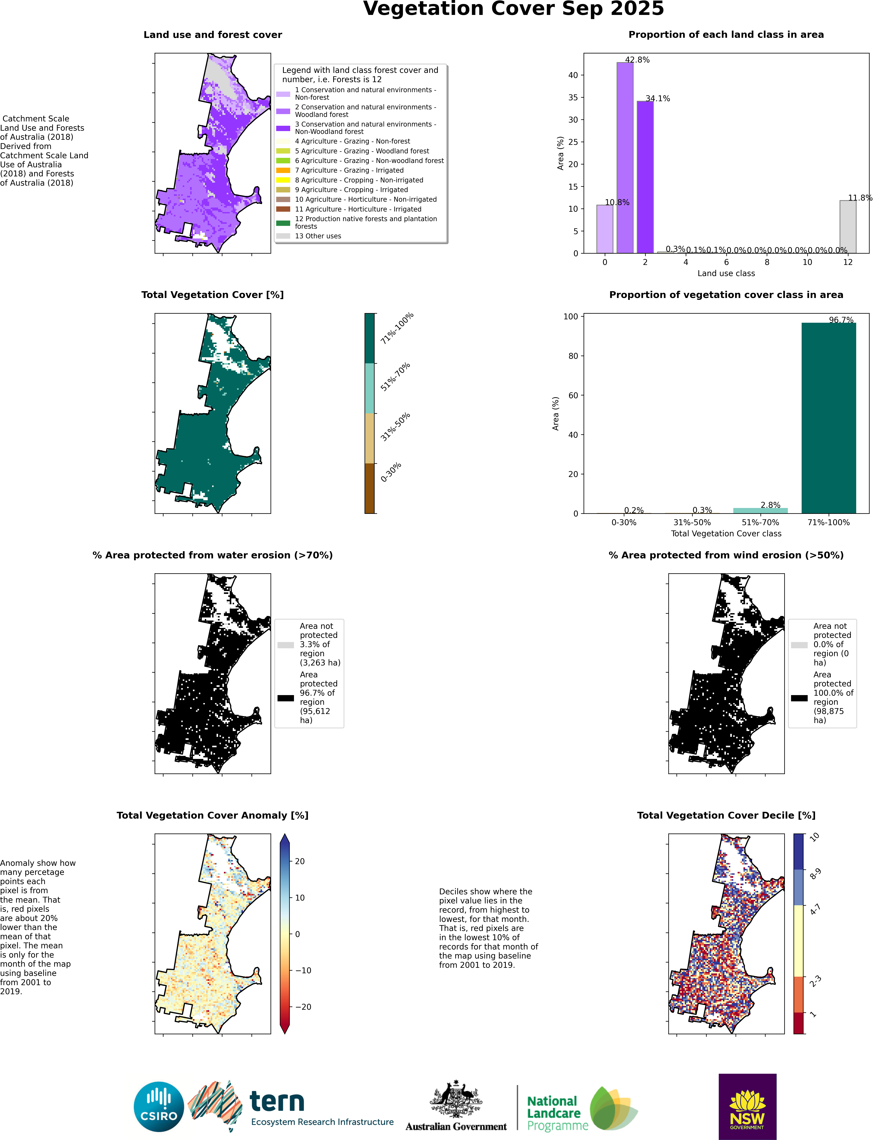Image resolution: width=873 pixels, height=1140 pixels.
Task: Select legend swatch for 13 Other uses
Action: coord(283,236)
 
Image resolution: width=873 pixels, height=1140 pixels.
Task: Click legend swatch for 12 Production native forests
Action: coord(283,223)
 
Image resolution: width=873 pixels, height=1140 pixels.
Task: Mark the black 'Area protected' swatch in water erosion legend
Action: coord(285,698)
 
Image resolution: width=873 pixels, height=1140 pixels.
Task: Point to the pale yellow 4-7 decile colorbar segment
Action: coord(799,940)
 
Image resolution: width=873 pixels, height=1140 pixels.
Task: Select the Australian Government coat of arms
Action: coord(456,1099)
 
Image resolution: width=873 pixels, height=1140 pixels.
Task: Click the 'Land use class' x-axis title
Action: coord(726,273)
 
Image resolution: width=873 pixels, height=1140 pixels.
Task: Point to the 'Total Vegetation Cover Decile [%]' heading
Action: coord(726,815)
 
